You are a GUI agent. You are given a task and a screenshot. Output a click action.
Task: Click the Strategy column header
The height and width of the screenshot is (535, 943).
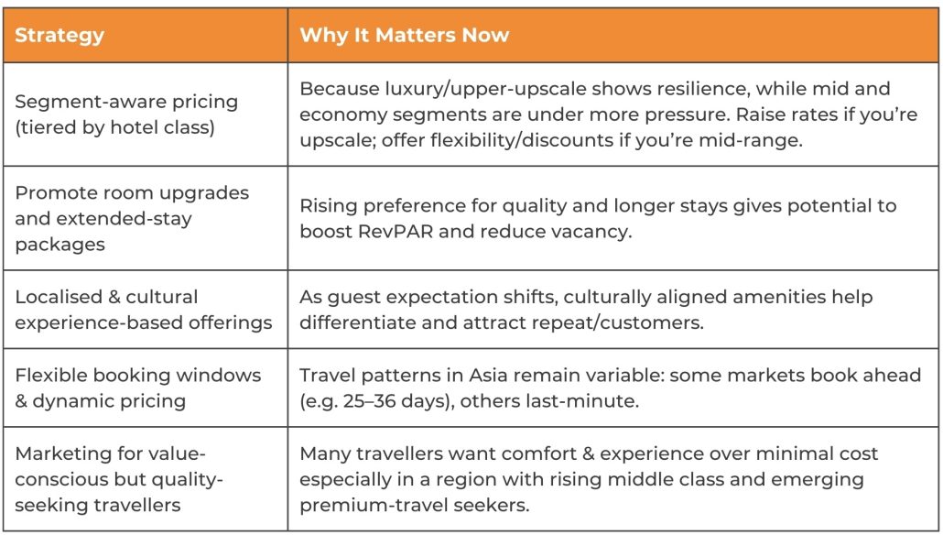[60, 36]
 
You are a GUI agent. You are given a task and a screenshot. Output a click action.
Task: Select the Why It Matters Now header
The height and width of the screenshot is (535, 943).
[405, 36]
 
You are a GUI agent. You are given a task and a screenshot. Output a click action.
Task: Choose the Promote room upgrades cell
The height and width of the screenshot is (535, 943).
[132, 219]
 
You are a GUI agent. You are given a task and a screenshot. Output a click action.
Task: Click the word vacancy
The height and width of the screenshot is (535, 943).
[596, 231]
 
